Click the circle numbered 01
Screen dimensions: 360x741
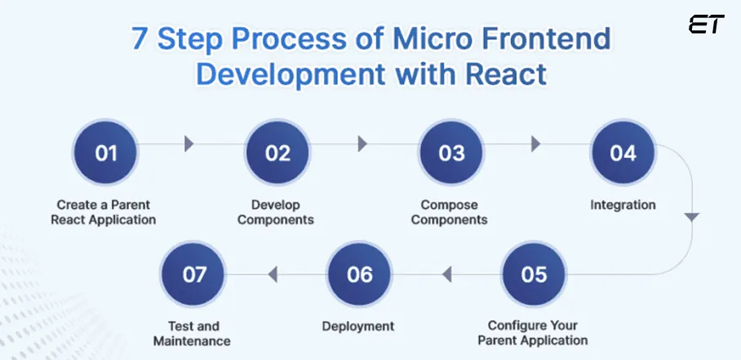[x=106, y=153]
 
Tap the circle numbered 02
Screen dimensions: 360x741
[x=278, y=153]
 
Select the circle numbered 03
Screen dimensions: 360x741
[x=451, y=153]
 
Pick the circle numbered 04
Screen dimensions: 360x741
[x=623, y=153]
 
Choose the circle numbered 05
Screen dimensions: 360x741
[x=534, y=273]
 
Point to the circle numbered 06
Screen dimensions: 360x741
[x=360, y=273]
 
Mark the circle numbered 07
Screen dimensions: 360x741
[x=194, y=273]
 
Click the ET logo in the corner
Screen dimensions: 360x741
[x=706, y=25]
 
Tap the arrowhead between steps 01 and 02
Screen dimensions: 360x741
[x=189, y=144]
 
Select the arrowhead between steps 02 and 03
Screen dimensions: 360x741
[x=362, y=144]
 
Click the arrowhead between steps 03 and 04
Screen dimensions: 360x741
[x=535, y=144]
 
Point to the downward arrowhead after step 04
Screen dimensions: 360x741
[x=692, y=217]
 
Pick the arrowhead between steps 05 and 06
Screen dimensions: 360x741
[x=446, y=273]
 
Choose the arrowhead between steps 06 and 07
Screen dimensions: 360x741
[x=273, y=273]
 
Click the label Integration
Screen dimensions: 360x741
[x=623, y=204]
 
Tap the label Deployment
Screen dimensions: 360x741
[x=358, y=326]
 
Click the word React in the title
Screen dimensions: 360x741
[x=506, y=74]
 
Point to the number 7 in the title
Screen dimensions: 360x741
[x=141, y=38]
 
